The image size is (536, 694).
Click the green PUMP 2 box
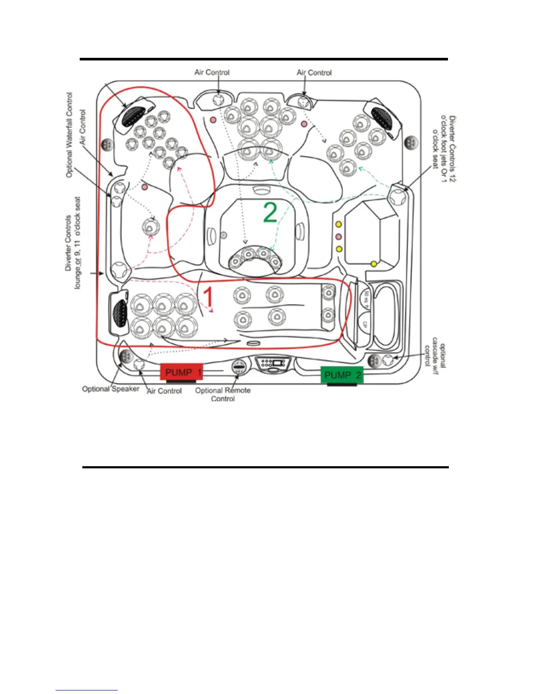pyautogui.click(x=342, y=375)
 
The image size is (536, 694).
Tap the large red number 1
pyautogui.click(x=209, y=297)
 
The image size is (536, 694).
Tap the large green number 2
pyautogui.click(x=270, y=212)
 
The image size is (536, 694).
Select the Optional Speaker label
pyautogui.click(x=110, y=389)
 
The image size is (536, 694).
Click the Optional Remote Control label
pyautogui.click(x=223, y=394)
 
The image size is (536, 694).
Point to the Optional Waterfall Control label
pyautogui.click(x=69, y=135)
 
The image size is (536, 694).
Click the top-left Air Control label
pyautogui.click(x=212, y=72)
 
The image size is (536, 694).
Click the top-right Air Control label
pyautogui.click(x=314, y=73)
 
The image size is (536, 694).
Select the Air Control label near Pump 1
pyautogui.click(x=164, y=391)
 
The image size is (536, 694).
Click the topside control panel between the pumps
pyautogui.click(x=273, y=363)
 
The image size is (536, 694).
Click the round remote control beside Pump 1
pyautogui.click(x=239, y=367)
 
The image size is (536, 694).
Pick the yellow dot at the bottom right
pyautogui.click(x=374, y=264)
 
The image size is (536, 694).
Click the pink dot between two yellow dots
pyautogui.click(x=339, y=237)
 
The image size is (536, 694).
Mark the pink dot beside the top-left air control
pyautogui.click(x=213, y=120)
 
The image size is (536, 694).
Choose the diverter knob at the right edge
pyautogui.click(x=398, y=195)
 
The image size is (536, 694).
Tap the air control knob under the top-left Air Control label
pyautogui.click(x=218, y=100)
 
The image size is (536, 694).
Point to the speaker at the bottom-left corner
pyautogui.click(x=126, y=356)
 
